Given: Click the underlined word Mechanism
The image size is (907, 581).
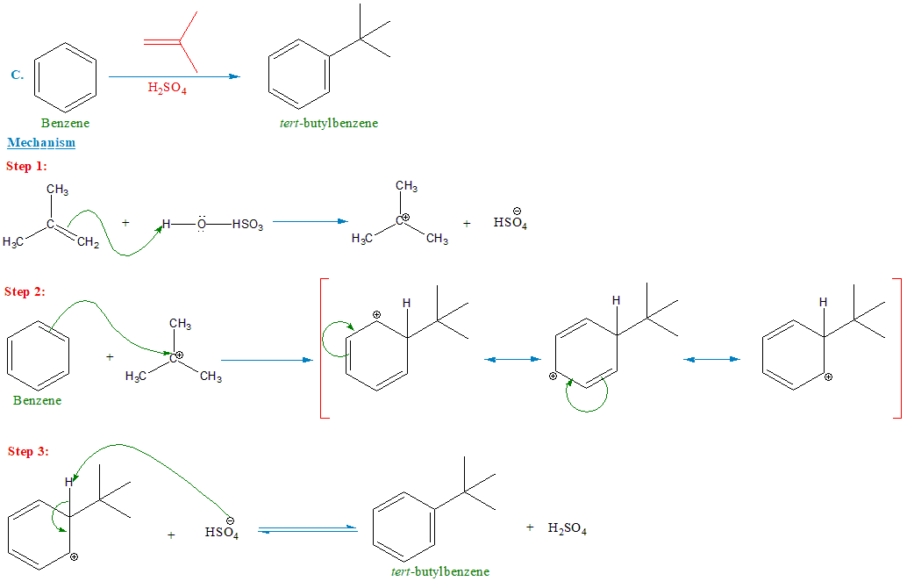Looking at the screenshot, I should coord(41,142).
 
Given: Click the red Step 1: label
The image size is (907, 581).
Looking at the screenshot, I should coord(26,166).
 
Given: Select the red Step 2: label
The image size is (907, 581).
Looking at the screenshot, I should coord(26,291).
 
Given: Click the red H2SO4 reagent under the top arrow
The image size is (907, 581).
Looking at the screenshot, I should coord(167,89).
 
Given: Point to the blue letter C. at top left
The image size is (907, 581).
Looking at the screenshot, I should coord(17,75).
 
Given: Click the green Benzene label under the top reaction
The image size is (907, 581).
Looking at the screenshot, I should coord(65,124).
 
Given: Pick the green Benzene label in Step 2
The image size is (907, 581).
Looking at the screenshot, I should coord(38,400).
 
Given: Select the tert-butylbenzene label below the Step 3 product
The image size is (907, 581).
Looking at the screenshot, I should coord(440,571).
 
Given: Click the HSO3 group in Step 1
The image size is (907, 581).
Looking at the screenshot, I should coord(250,224).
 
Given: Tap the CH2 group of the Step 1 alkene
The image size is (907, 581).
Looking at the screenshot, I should coord(88,243).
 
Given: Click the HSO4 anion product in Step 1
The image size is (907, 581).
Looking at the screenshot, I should coord(509,223).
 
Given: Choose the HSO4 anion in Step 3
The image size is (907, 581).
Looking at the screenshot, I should coord(222,532).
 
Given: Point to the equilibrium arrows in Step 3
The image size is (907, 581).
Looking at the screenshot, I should coord(308,528).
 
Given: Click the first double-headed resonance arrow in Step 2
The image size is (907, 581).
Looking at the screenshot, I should coord(511,359).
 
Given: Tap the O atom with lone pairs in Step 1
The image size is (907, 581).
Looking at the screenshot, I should coord(201,224).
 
